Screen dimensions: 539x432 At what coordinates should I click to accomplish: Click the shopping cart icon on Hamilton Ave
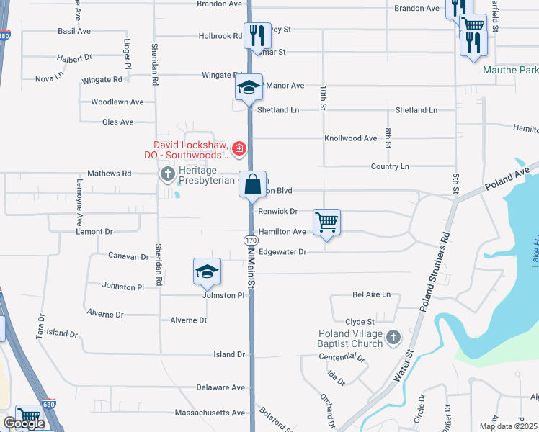(x=326, y=222)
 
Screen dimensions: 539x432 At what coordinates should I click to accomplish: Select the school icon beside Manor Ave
(x=248, y=88)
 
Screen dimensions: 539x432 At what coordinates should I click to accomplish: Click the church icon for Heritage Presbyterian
(x=167, y=174)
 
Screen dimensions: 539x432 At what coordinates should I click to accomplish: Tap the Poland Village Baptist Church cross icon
(x=393, y=337)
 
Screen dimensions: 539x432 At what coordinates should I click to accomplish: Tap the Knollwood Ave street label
(x=351, y=138)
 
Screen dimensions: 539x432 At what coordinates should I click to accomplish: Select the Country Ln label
(x=390, y=166)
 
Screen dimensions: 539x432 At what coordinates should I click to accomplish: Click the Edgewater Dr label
(x=282, y=252)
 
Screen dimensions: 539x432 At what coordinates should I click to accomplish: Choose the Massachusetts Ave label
(x=210, y=413)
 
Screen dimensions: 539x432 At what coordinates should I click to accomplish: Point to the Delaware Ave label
(x=221, y=387)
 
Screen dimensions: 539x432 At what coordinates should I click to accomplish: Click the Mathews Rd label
(x=109, y=174)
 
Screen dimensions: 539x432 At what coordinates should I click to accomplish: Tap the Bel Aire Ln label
(x=371, y=294)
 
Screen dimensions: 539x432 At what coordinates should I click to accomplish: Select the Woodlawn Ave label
(x=117, y=102)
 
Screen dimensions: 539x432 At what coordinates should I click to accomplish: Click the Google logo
(x=23, y=423)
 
